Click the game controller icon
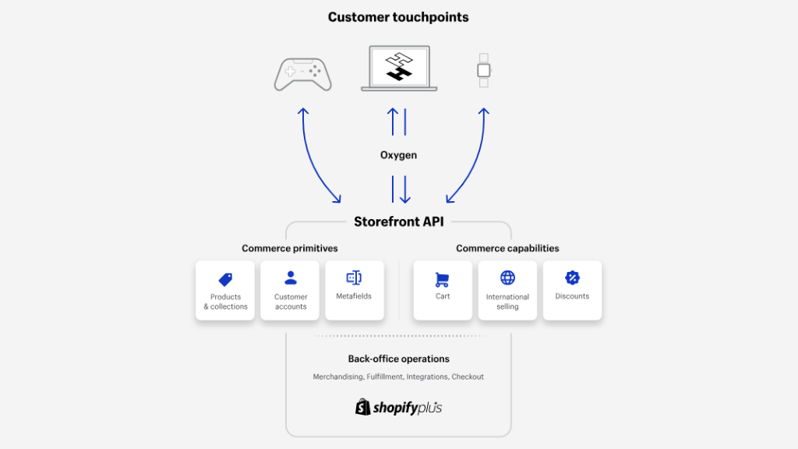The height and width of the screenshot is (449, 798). [x=303, y=74]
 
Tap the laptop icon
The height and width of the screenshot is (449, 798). [x=399, y=69]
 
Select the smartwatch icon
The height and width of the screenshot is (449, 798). [x=483, y=70]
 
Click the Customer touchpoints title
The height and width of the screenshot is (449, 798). [x=398, y=17]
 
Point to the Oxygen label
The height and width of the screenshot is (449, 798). [x=398, y=155]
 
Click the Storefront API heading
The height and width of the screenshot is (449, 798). [x=399, y=221]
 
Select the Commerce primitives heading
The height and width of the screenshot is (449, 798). [x=290, y=249]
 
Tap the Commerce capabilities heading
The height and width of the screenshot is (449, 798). [x=507, y=249]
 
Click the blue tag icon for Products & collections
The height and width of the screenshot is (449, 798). [x=225, y=279]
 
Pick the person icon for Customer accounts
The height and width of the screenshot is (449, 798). [x=291, y=278]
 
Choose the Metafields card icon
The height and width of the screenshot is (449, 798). [x=354, y=278]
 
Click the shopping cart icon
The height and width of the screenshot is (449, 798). [x=443, y=280]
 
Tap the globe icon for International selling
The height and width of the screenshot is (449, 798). [x=507, y=278]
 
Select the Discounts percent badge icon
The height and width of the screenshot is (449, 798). [x=572, y=278]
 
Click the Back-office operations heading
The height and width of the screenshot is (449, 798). [x=398, y=359]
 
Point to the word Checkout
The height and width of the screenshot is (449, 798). [x=468, y=377]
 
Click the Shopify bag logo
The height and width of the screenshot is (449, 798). [x=363, y=407]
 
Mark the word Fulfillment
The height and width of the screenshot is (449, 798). [x=385, y=377]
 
